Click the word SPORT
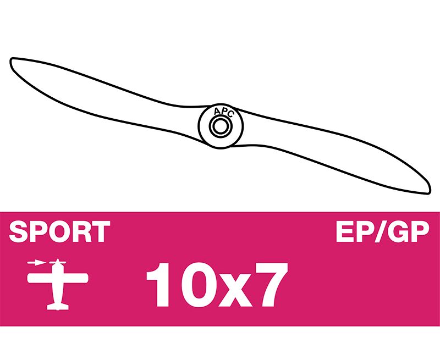59,231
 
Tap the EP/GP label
383,231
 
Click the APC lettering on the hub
223,112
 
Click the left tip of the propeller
10,60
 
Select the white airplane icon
58,284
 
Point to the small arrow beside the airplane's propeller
36,263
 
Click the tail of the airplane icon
58,307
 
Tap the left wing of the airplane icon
40,279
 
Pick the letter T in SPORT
101,231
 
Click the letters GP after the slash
409,231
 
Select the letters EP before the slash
354,231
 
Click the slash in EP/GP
380,231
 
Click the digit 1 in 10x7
159,285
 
